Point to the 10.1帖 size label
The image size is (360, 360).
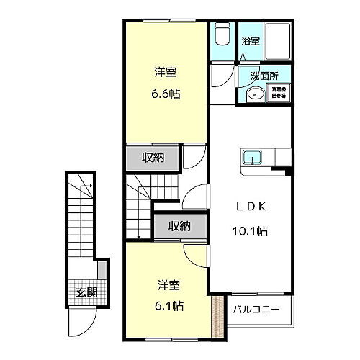pyautogui.click(x=251, y=231)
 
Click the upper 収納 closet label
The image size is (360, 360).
pyautogui.click(x=153, y=158)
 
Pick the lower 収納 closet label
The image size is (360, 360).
pyautogui.click(x=180, y=226)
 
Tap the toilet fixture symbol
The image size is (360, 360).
pyautogui.click(x=222, y=36)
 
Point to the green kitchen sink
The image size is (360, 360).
pyautogui.click(x=252, y=157)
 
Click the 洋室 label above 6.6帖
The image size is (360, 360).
pyautogui.click(x=165, y=72)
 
